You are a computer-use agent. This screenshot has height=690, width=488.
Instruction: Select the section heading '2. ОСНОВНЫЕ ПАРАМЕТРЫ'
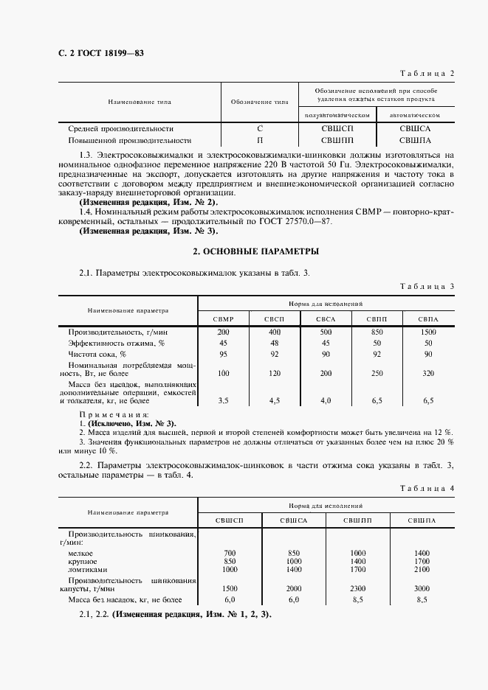coord(255,251)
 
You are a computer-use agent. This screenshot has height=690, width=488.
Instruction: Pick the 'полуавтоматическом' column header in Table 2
coord(336,116)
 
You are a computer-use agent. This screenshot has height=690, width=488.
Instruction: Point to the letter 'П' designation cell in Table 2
coord(260,139)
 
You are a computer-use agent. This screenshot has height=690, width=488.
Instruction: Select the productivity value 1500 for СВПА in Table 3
coord(428,332)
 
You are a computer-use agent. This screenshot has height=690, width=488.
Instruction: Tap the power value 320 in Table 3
coord(428,374)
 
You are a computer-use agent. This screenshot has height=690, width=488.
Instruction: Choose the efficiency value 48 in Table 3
coord(274,343)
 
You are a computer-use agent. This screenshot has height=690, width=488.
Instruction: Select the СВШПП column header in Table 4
coord(357,520)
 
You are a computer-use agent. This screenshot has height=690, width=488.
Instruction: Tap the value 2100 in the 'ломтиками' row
coord(422,570)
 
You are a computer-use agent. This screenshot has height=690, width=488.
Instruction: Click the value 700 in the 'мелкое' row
coord(229,552)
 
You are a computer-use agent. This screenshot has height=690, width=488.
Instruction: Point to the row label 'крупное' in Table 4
coord(83,561)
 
